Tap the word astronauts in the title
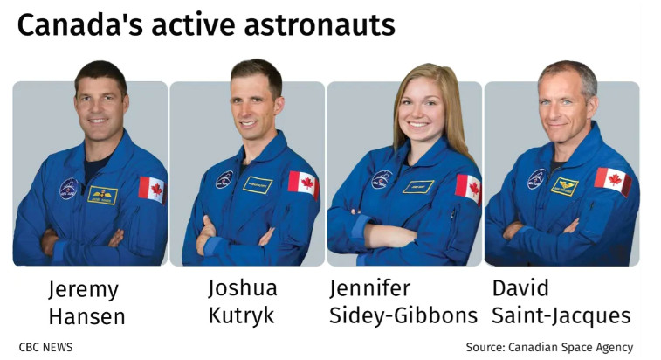coord(320,25)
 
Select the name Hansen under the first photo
coord(87,317)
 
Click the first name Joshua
coord(243,288)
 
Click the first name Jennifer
coord(369,288)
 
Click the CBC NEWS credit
coord(45,348)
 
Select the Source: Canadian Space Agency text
coord(549,348)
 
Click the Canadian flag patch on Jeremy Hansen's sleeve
coord(152,190)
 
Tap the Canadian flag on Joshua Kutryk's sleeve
coord(304,184)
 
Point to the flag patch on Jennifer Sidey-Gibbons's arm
coord(468,189)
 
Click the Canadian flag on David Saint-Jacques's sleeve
coord(613,181)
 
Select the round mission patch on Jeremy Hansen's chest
coord(68,188)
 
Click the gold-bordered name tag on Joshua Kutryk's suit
coord(258,185)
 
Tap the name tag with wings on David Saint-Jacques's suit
coord(564,186)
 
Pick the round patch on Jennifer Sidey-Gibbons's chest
coord(382,179)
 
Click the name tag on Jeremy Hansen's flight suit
coord(102,196)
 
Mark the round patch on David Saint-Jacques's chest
coord(537,178)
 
